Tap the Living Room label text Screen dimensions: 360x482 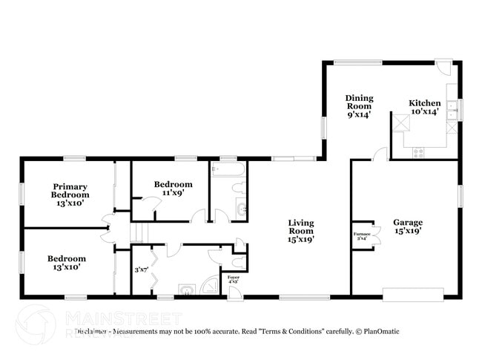coord(300,231)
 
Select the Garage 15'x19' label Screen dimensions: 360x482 coord(407,226)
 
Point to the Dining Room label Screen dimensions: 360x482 coord(359,106)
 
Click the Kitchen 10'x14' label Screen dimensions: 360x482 coord(425,107)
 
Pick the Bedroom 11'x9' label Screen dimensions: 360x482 coord(173,188)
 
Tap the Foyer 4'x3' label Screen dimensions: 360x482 coord(233,280)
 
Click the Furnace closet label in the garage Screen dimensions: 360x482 coord(362,236)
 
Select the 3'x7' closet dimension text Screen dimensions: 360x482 coord(140,270)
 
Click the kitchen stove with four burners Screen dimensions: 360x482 coord(418,154)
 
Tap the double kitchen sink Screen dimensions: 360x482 coord(452,111)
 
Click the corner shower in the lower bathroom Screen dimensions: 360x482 coord(212,285)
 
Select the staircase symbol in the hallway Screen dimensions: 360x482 coord(135,232)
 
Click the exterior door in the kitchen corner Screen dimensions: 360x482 coord(443,68)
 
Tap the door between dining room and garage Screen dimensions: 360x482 coord(379,154)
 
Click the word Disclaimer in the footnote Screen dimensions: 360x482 coord(91,331)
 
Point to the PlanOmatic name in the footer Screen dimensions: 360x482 coord(379,331)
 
